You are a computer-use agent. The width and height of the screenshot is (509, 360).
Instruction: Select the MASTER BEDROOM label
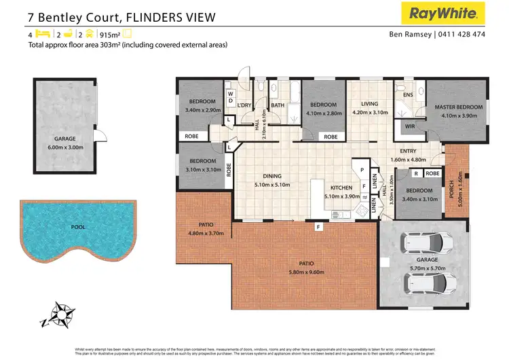[459, 107]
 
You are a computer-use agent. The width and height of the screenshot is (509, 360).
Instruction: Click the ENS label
[408, 95]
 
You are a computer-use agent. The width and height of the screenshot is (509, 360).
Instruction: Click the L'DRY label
[244, 105]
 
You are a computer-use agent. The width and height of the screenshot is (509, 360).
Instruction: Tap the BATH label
[277, 105]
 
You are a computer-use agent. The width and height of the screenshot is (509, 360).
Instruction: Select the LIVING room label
[369, 104]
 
